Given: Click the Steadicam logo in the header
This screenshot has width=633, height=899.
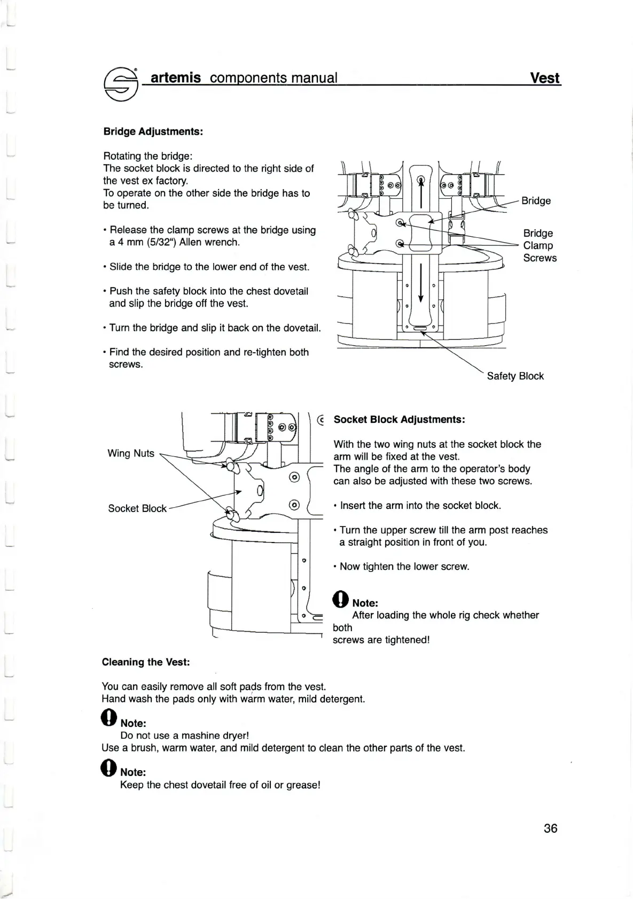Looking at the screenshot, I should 121,84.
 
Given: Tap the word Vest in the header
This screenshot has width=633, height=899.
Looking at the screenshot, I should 544,78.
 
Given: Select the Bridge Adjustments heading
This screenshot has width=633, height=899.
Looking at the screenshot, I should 153,131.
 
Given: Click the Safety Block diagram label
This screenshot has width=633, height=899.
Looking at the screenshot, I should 515,376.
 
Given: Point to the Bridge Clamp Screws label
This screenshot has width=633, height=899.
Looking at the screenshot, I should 539,245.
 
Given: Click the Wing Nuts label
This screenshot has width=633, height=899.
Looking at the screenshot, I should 131,453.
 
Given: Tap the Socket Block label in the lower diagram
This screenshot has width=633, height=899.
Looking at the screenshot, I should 137,508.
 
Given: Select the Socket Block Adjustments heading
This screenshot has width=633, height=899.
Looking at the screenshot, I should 399,420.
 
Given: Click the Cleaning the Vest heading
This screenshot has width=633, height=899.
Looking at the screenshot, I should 146,662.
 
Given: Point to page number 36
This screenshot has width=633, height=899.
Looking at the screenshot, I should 550,828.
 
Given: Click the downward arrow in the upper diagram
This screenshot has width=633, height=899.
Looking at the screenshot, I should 421,283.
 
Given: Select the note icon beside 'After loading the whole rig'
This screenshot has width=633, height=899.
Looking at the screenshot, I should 340,599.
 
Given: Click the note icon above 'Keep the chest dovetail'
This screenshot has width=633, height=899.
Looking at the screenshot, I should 108,768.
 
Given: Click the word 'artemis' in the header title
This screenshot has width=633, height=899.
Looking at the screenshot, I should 176,78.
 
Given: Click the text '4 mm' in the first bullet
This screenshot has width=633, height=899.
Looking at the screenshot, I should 127,243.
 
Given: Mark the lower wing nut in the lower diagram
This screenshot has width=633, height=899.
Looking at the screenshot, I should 232,515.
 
